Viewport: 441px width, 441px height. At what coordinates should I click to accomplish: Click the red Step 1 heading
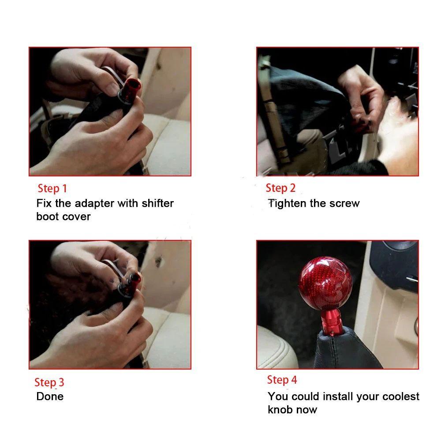click(x=52, y=188)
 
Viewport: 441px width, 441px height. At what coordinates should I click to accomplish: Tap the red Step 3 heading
click(x=49, y=382)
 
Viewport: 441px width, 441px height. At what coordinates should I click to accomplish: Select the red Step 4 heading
click(x=282, y=380)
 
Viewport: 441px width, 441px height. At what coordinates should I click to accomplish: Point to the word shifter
click(x=157, y=203)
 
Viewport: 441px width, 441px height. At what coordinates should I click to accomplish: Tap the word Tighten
click(x=287, y=203)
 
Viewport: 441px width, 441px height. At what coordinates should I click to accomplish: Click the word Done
click(x=50, y=396)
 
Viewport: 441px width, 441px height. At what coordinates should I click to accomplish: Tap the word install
click(x=338, y=396)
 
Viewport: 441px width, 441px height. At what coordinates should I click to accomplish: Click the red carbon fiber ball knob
click(x=325, y=283)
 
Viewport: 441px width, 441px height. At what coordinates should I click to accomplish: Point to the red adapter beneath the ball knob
click(x=331, y=321)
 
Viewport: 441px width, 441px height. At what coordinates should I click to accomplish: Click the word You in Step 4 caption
click(x=278, y=396)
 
